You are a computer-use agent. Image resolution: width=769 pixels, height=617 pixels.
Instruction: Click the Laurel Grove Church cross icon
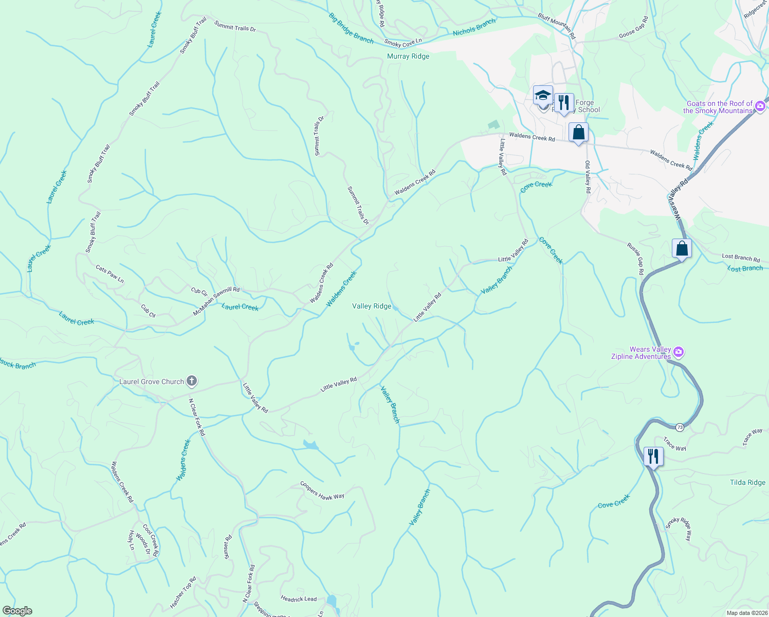(192, 381)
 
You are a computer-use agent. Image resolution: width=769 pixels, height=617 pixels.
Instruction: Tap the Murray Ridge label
(408, 57)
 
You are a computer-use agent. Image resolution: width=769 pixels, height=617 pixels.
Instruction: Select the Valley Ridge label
(372, 306)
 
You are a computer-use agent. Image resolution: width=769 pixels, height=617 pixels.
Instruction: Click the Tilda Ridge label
(747, 482)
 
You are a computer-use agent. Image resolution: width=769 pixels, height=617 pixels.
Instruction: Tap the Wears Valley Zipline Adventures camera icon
(679, 352)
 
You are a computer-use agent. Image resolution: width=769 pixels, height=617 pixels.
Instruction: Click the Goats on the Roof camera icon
(760, 106)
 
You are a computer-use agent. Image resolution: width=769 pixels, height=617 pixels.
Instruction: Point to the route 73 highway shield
(680, 427)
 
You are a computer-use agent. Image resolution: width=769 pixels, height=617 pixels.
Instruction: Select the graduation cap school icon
(543, 96)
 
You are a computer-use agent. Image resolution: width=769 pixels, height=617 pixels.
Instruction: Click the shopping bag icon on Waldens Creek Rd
(578, 133)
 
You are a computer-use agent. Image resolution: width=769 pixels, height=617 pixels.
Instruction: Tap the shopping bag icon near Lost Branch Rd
(682, 249)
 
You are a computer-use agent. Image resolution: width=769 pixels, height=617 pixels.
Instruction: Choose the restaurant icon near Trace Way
(653, 456)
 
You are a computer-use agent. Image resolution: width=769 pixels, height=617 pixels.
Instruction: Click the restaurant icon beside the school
(564, 103)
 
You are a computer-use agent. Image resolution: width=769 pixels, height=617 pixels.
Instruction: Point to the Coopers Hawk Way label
(322, 490)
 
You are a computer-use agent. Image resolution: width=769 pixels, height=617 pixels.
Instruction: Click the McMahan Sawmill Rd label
(216, 301)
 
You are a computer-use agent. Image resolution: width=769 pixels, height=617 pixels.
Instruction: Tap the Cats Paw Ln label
(110, 274)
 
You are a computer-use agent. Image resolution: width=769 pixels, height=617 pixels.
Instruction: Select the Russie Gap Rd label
(635, 259)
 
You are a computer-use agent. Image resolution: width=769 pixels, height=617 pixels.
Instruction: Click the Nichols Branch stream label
(474, 27)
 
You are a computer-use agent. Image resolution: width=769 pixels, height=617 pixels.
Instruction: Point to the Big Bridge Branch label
(352, 28)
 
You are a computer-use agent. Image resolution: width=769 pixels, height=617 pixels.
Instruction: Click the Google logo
(17, 611)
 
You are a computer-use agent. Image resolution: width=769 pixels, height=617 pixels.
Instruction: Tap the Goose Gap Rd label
(634, 28)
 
